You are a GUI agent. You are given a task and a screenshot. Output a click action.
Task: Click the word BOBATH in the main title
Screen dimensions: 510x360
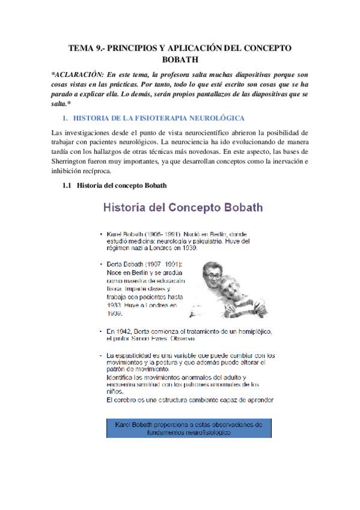pos(180,60)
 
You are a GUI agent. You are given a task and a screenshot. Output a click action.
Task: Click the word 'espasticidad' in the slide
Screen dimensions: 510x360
pos(136,355)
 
